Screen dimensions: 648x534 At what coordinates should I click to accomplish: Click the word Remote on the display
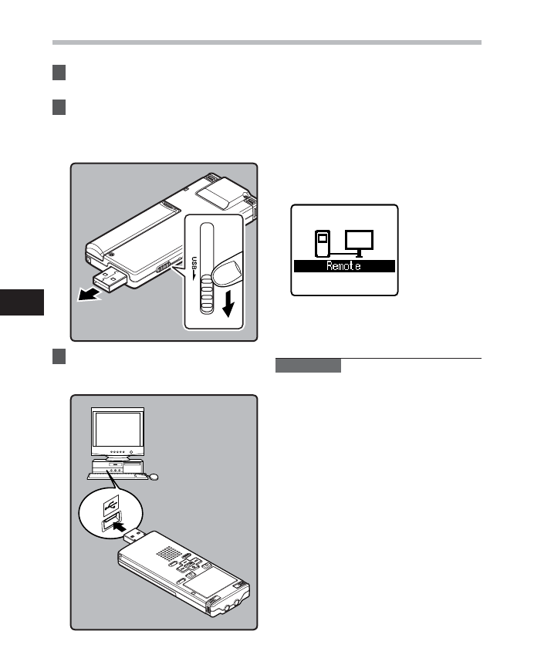(x=343, y=266)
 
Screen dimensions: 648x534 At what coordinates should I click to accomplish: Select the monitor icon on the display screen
(x=359, y=241)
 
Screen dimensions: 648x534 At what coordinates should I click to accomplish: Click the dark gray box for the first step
(x=59, y=74)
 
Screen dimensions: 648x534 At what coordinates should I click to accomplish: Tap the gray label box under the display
(x=308, y=366)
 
